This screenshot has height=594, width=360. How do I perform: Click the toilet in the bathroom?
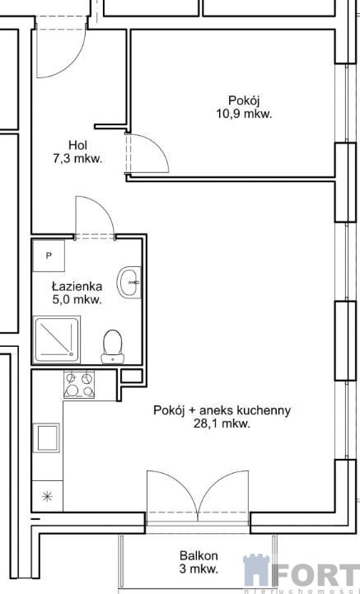[x=113, y=347]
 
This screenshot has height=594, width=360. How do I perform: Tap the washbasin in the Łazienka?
[x=129, y=283]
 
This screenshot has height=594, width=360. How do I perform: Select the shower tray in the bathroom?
[x=57, y=339]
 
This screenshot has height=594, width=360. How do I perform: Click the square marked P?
[x=49, y=255]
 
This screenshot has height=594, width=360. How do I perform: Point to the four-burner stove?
[x=79, y=385]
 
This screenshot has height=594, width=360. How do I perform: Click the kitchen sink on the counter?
[x=47, y=437]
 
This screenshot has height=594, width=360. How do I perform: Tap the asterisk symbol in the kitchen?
[x=47, y=496]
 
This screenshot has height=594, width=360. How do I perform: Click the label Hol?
[x=78, y=145]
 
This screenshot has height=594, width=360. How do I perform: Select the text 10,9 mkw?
[x=244, y=114]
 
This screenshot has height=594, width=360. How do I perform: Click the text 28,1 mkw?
[x=222, y=423]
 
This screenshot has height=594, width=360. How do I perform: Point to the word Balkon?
[x=199, y=556]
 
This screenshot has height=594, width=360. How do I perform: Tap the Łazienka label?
[x=77, y=286]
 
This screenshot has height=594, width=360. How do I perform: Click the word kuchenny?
[x=264, y=410]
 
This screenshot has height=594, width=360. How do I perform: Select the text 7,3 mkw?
[x=77, y=159]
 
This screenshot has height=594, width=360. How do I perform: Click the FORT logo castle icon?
[x=257, y=570]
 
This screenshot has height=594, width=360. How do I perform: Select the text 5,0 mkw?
[x=77, y=300]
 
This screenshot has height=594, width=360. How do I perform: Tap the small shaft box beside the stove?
[x=132, y=376]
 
